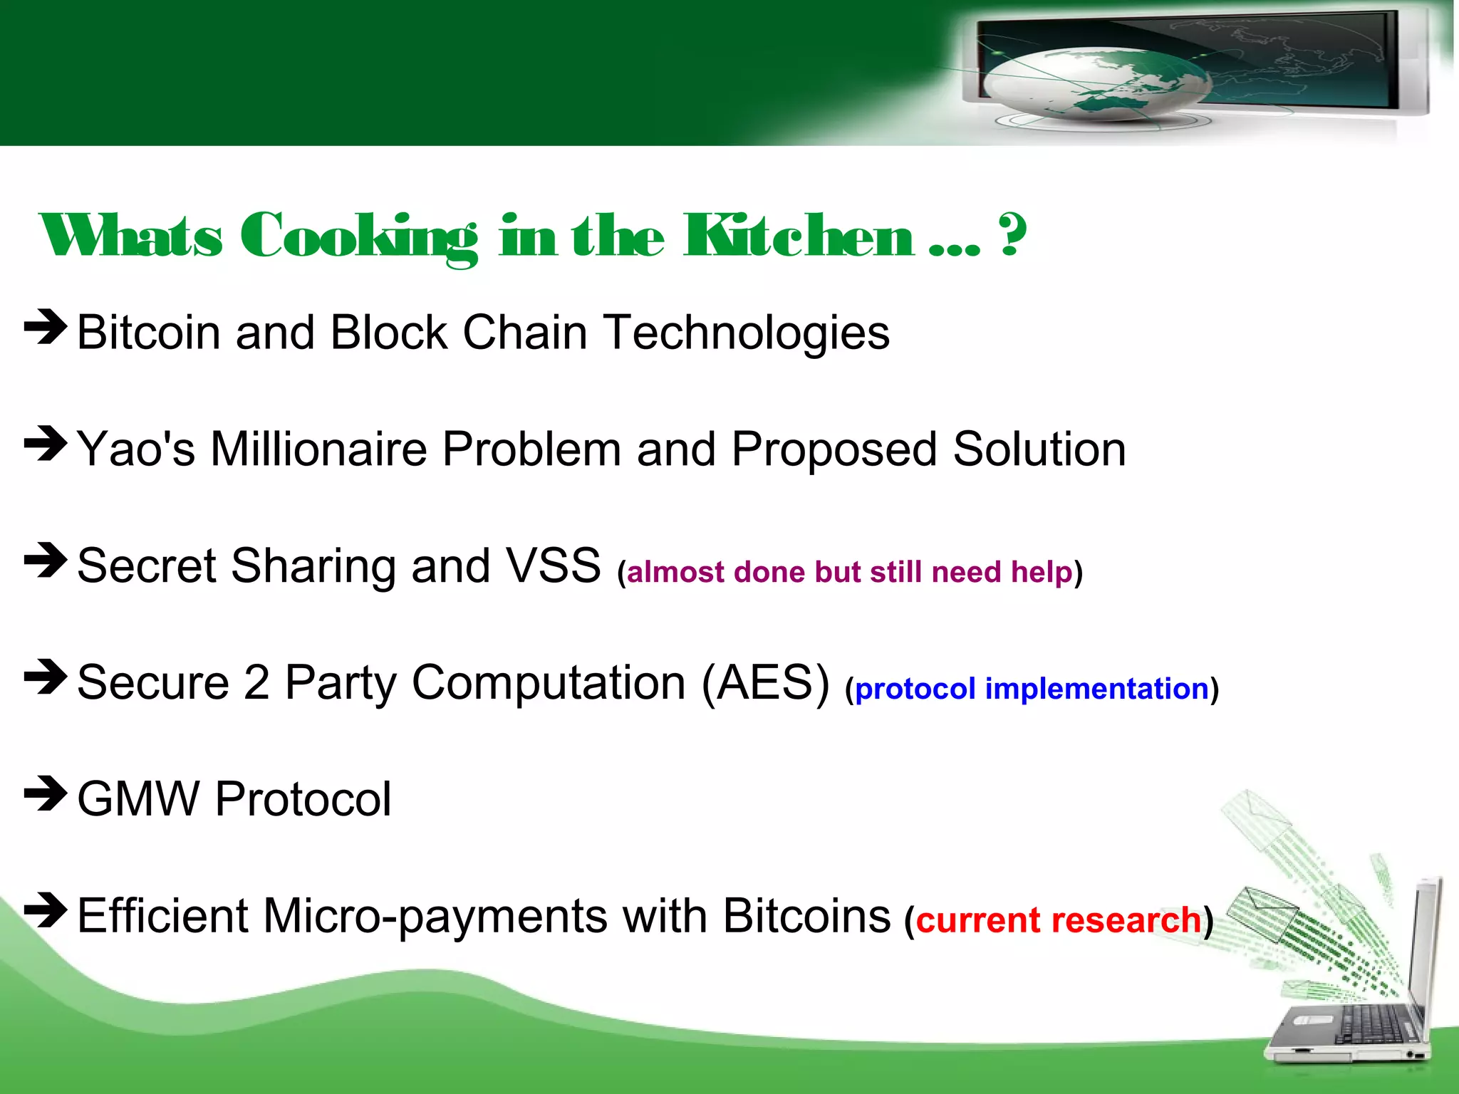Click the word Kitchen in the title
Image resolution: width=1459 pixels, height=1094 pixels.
click(798, 236)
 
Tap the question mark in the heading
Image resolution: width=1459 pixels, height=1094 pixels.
click(1012, 235)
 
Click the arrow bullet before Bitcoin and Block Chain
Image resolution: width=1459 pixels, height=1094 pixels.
click(46, 328)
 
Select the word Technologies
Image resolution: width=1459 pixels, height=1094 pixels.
click(747, 333)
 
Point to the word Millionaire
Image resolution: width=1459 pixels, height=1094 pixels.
click(318, 449)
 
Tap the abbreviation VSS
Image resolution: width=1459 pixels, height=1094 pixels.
click(553, 566)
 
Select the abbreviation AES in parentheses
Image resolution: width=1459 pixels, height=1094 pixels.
click(765, 682)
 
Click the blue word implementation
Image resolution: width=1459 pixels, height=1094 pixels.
click(1096, 689)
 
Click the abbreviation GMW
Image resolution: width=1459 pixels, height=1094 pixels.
click(138, 799)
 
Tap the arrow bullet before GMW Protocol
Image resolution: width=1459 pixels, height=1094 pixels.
click(46, 793)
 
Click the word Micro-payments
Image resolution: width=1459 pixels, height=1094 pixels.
click(435, 916)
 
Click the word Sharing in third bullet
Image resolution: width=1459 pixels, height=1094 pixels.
click(313, 566)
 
